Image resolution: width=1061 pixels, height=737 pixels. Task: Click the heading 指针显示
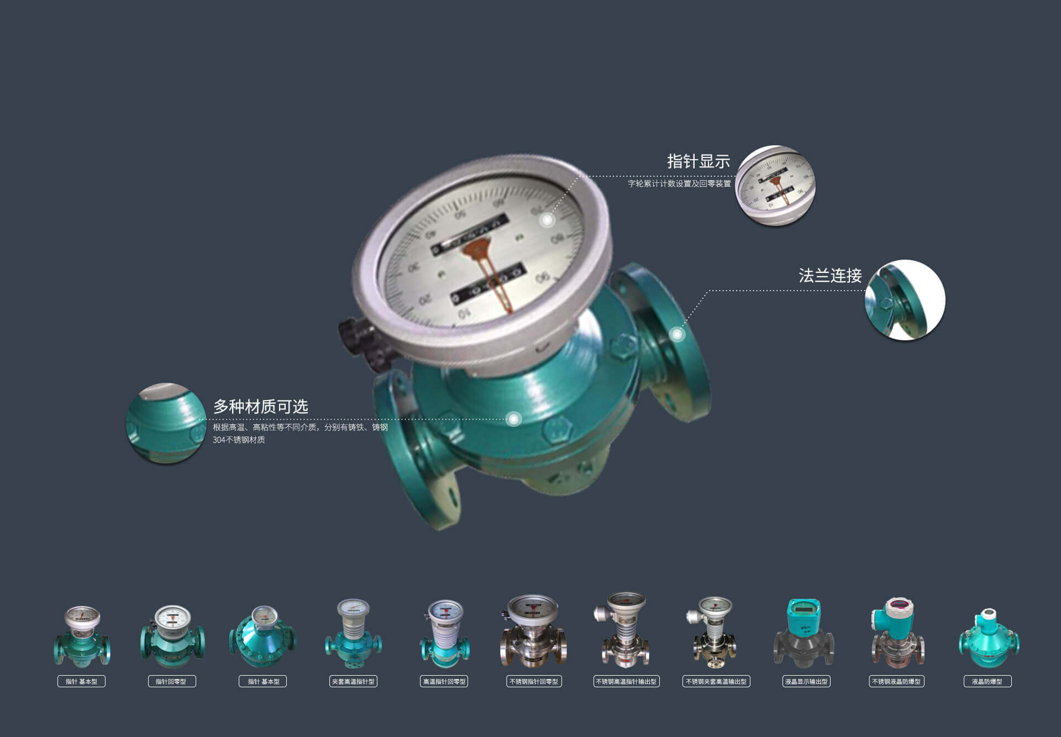[x=698, y=161]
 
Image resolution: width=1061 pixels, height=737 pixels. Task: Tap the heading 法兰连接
[x=829, y=275]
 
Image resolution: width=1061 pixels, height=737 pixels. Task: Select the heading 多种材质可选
[x=260, y=407]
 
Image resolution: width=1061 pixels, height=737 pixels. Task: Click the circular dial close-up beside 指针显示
[x=775, y=186]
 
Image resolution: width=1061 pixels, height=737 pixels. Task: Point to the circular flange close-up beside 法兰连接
[x=905, y=299]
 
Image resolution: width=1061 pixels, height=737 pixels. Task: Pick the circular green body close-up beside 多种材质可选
[x=166, y=423]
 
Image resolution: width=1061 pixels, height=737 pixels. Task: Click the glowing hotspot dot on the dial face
[x=547, y=220]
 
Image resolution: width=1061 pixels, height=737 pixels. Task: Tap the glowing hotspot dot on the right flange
[x=676, y=334]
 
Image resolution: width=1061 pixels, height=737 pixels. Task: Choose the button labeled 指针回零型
[x=171, y=681]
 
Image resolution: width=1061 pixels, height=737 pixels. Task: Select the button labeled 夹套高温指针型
[x=353, y=681]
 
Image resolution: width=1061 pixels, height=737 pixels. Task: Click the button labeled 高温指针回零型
[x=444, y=681]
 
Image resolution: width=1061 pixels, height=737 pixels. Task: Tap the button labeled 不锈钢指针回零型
[x=534, y=681]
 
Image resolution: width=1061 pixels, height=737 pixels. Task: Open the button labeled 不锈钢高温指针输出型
[x=626, y=681]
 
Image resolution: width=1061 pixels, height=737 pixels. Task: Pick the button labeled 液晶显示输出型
[x=806, y=681]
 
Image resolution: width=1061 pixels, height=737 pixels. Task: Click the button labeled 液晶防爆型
[x=987, y=681]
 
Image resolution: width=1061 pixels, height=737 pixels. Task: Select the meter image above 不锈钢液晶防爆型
[x=896, y=633]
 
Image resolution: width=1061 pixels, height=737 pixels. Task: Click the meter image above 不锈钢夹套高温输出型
[x=714, y=633]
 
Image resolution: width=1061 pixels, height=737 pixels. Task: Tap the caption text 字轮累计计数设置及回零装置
[x=679, y=183]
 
